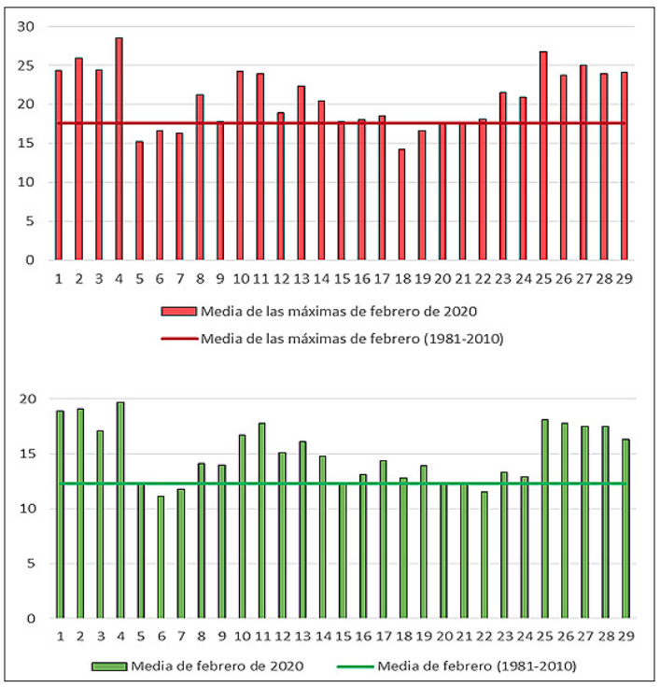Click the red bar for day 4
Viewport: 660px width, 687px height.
[119, 149]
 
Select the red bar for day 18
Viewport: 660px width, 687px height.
[401, 204]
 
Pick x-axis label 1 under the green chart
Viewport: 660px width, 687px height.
[60, 637]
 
